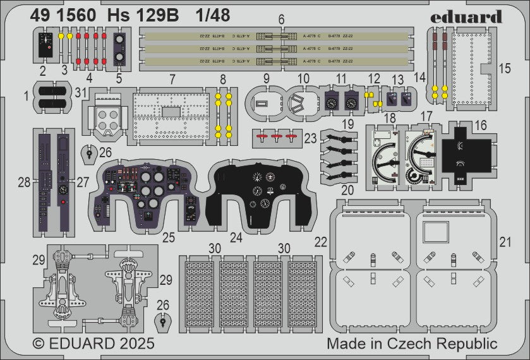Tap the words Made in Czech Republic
coord(412,344)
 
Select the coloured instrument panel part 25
coord(146,194)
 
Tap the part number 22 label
coord(322,243)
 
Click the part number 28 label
coord(25,183)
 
